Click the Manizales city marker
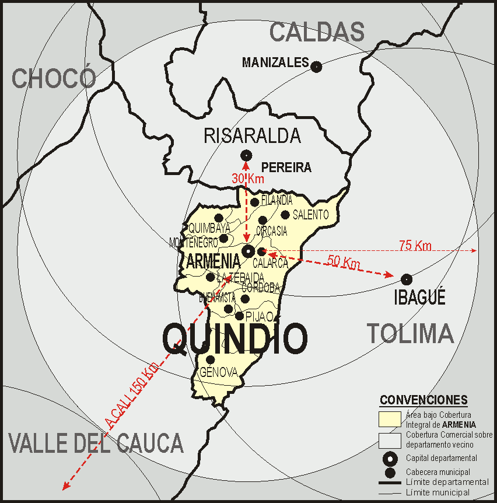point(316,67)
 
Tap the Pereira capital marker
point(246,155)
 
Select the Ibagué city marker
point(407,279)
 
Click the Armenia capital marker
point(248,252)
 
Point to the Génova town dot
point(211,359)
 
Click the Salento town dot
point(285,215)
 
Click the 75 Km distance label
point(415,246)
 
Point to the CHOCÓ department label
point(54,79)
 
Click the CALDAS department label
point(317,32)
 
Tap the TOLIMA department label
point(410,334)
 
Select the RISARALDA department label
point(252,136)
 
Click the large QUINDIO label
point(235,339)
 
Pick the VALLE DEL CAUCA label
point(96,443)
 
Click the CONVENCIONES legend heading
point(423,400)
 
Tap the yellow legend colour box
point(389,419)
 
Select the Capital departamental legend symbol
point(390,458)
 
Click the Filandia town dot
point(255,202)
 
